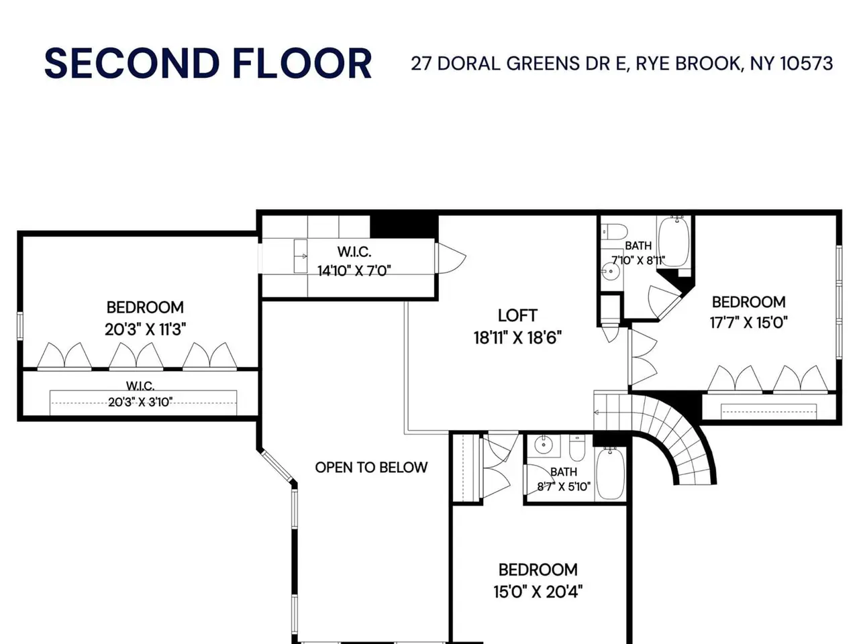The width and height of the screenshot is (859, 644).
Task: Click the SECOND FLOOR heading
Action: (208, 63)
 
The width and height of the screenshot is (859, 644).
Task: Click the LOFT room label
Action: (517, 315)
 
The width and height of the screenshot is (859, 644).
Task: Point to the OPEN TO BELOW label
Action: (371, 468)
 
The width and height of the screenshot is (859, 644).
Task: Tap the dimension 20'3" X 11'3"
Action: (145, 329)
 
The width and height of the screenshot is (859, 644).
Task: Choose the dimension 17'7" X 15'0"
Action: (748, 323)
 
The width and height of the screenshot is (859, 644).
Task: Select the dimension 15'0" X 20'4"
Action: (538, 592)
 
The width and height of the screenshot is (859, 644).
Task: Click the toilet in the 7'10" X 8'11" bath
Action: (614, 231)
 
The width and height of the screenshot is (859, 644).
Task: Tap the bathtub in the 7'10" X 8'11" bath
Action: (674, 242)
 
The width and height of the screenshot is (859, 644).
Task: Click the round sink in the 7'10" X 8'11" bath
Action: (611, 271)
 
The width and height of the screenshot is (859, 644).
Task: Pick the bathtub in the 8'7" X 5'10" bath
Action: (610, 474)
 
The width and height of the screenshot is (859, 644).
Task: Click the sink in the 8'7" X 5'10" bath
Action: (542, 444)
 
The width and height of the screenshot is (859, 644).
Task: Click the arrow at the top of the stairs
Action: (597, 412)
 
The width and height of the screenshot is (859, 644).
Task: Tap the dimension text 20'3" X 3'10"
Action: (140, 402)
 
